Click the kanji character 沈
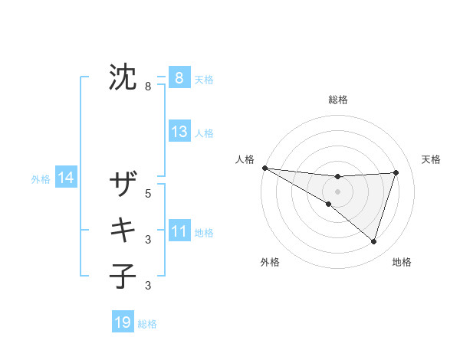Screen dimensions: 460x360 (x=123, y=78)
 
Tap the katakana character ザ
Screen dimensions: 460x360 (x=123, y=185)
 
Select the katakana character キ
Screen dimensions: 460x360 (x=123, y=230)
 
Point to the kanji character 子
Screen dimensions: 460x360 (x=123, y=277)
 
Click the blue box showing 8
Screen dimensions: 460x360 (x=179, y=78)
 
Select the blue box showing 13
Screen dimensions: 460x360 (x=179, y=132)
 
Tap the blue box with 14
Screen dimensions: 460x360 (x=65, y=178)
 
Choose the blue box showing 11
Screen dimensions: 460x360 (x=179, y=231)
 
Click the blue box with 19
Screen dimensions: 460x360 (x=123, y=322)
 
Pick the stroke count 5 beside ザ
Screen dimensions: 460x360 (x=149, y=194)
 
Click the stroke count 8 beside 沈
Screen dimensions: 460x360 (x=149, y=87)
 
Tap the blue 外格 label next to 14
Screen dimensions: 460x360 (x=41, y=179)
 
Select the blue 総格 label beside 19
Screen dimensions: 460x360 (x=147, y=324)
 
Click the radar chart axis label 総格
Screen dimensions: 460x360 (x=337, y=100)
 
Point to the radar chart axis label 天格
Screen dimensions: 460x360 (x=432, y=159)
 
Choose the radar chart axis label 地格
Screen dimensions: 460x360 (x=402, y=262)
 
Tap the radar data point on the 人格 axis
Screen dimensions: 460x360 (x=264, y=167)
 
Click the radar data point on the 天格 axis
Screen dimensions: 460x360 (x=396, y=172)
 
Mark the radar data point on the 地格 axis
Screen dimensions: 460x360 (x=373, y=241)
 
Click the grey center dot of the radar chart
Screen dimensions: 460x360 (x=337, y=191)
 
